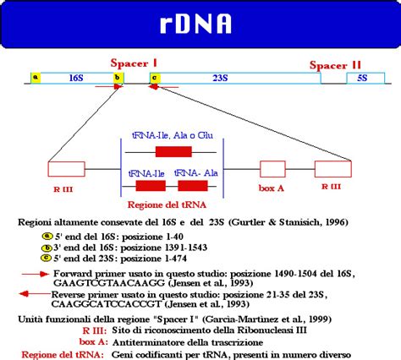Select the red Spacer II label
[335, 65]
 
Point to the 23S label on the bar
[217, 78]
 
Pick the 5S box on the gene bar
[362, 78]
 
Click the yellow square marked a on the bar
[36, 78]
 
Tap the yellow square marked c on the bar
[153, 78]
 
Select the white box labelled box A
[272, 167]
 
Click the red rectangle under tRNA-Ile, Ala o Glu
[173, 152]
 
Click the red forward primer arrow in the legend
[36, 275]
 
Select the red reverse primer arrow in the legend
[35, 293]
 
